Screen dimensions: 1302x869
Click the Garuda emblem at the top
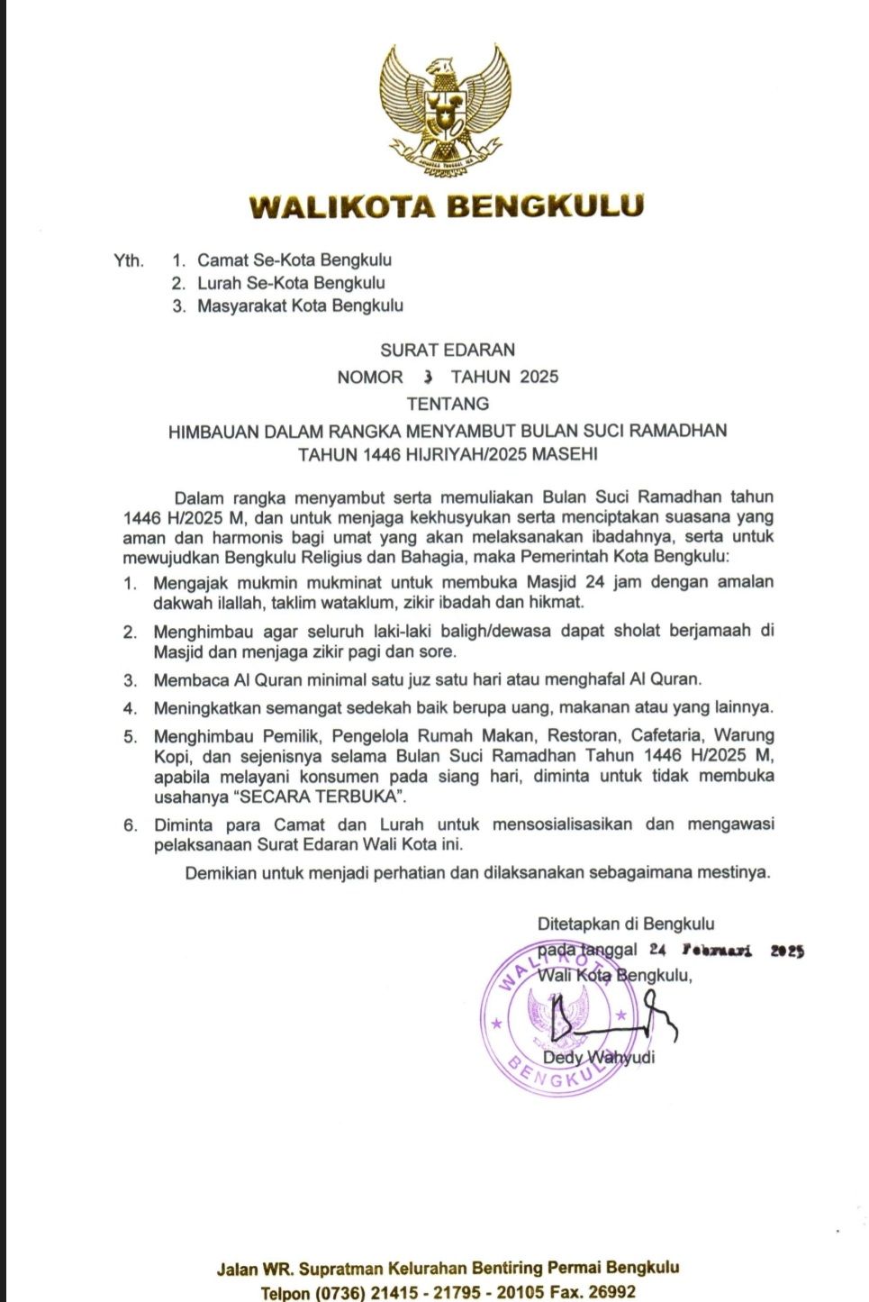(445, 107)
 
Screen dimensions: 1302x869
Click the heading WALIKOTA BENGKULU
(447, 206)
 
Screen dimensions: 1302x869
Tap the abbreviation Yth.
(129, 261)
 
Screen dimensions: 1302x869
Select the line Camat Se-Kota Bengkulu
(294, 260)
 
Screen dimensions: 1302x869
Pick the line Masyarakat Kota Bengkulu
(300, 305)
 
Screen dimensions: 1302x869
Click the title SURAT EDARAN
(448, 350)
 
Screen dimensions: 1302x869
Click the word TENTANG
(448, 404)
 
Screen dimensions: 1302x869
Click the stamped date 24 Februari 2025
(726, 950)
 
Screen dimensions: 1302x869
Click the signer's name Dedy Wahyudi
(599, 1057)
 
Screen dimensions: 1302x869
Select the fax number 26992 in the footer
(610, 1292)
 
